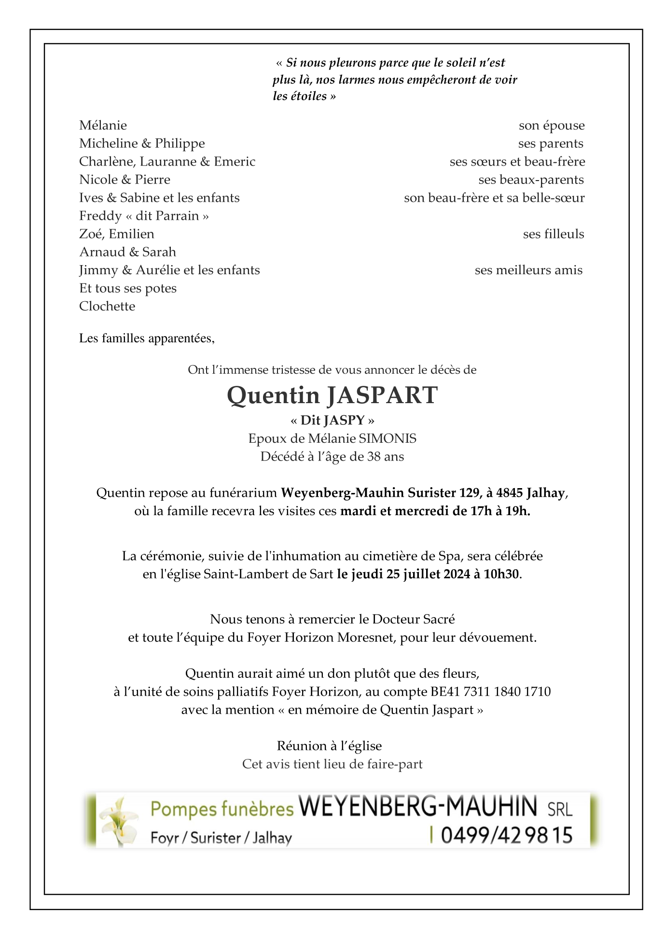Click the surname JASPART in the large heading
(x=382, y=395)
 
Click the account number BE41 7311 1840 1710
(x=490, y=691)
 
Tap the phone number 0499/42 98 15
(x=506, y=835)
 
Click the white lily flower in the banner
(x=119, y=821)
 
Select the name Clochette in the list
(x=107, y=306)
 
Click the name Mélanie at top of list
(x=103, y=126)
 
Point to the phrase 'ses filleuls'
(x=553, y=234)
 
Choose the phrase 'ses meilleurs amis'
(x=528, y=270)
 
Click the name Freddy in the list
(x=100, y=216)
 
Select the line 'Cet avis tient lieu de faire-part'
(x=332, y=764)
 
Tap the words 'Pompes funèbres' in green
(x=222, y=809)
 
